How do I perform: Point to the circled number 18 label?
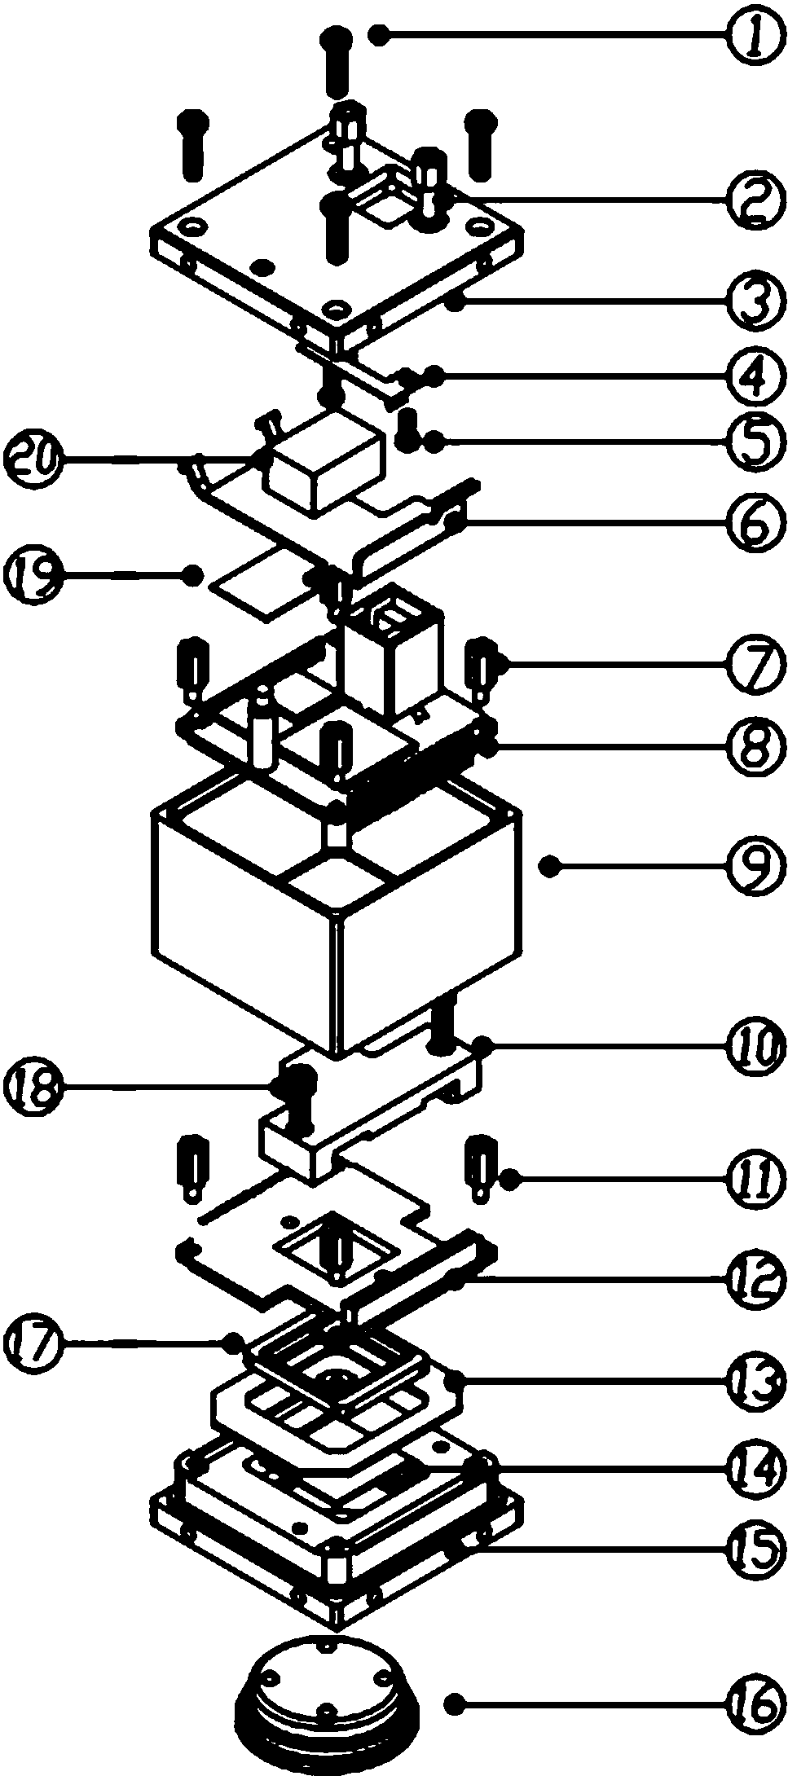point(33,1087)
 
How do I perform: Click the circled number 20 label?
point(33,461)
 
